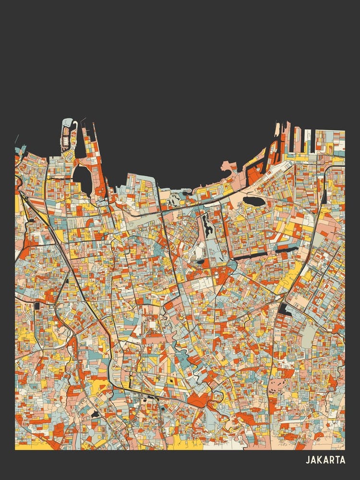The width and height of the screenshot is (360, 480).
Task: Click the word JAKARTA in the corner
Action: click(325, 460)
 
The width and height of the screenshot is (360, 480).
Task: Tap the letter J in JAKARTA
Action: click(308, 460)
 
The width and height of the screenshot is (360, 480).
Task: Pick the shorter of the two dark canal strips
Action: click(287, 249)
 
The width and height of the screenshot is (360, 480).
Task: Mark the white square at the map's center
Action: click(152, 325)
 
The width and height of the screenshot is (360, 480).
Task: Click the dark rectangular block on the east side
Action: click(285, 310)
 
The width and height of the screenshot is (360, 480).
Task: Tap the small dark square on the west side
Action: click(37, 305)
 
